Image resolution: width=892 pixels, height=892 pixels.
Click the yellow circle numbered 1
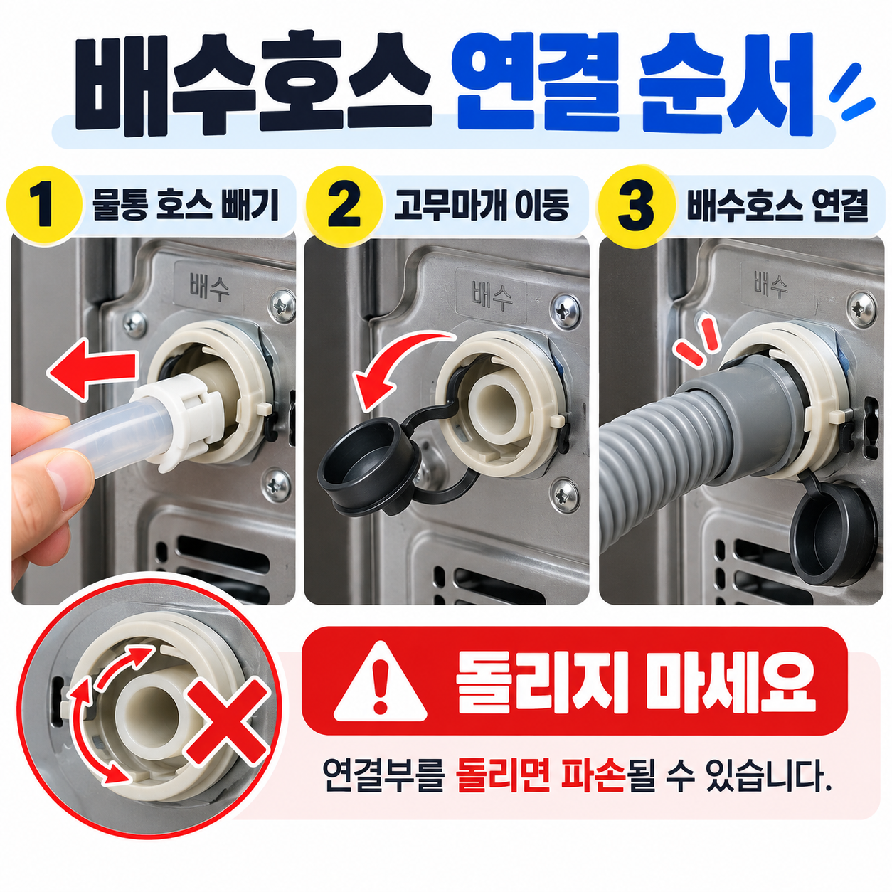[45, 205]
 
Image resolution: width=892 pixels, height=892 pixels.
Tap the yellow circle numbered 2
[344, 205]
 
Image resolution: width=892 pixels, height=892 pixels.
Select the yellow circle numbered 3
[635, 205]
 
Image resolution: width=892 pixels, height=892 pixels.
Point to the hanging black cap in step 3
[833, 532]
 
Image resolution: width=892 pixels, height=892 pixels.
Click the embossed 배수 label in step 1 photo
[208, 286]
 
